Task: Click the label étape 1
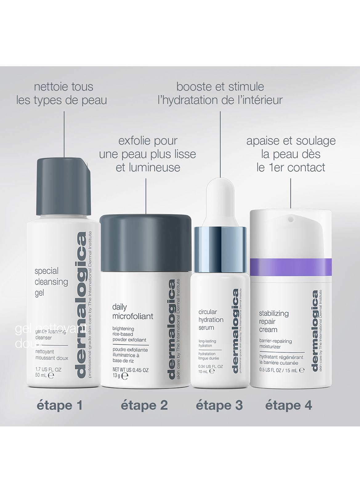pos(60,405)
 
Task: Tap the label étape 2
pos(144,405)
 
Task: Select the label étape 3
pos(219,405)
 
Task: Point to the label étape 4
pos(289,405)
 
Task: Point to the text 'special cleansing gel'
pos(51,282)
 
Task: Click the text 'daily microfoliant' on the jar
pos(132,312)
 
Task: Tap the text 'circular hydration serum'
pos(211,320)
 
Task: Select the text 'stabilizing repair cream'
pos(273,321)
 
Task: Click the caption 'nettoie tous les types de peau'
pos(62,93)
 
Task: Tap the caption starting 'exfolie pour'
pos(148,154)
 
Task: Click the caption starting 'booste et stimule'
pos(220,93)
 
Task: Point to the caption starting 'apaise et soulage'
pos(291,154)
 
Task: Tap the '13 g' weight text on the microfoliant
pos(116,376)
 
